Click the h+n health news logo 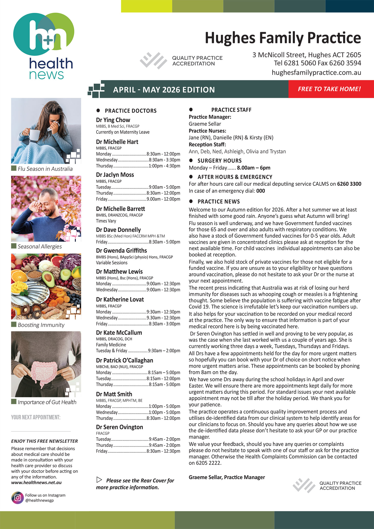43,45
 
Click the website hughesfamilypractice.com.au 316,73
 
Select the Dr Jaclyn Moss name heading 115,175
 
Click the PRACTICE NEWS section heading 219,201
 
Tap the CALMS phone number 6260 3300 349,184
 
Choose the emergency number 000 261,191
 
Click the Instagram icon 17,498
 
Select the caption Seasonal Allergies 40,246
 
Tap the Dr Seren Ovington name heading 119,427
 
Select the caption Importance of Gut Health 47,402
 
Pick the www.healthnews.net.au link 36,482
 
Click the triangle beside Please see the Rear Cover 99,480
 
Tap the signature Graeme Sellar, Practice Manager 227,477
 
